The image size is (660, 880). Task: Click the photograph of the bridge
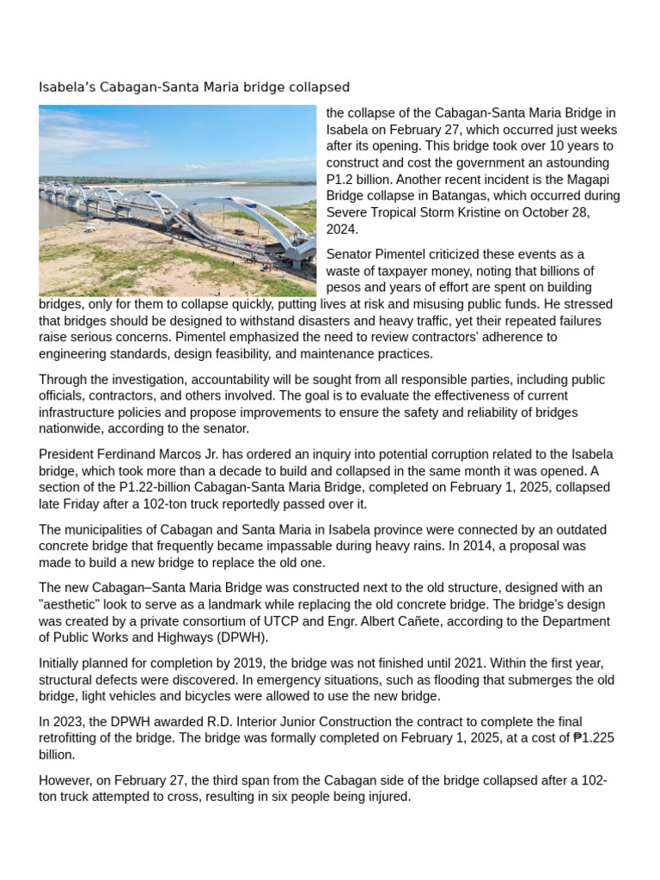pos(177,201)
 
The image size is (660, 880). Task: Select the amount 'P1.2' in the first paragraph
pos(340,179)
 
